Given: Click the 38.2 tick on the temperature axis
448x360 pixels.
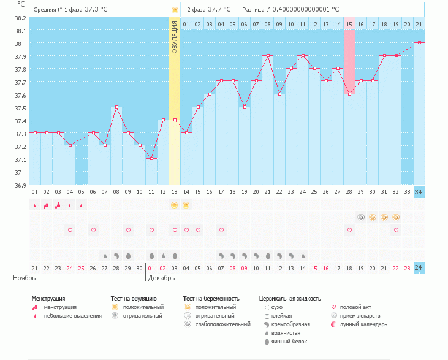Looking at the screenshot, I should coord(20,18).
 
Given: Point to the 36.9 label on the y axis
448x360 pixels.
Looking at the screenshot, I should coord(20,185).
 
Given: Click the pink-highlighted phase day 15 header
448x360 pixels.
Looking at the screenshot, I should coord(349,24).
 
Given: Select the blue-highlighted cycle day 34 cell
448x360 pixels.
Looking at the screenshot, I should coord(419,192).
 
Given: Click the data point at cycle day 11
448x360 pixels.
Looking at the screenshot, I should coord(151,158).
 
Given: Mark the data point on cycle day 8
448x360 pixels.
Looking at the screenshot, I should coord(116,107).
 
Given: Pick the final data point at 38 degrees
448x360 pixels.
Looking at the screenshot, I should coord(419,42).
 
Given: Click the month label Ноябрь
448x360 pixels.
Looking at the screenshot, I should coord(25,278).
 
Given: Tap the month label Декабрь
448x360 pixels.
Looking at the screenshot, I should coord(161,278).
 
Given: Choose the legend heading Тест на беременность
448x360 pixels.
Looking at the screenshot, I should coord(210,299).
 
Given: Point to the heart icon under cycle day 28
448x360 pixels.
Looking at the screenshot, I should coord(349,230).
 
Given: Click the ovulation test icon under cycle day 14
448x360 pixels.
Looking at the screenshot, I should coord(186,205).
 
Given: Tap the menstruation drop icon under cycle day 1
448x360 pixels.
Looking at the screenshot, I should coord(34,205).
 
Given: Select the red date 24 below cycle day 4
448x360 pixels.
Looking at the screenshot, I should coord(70,268).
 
